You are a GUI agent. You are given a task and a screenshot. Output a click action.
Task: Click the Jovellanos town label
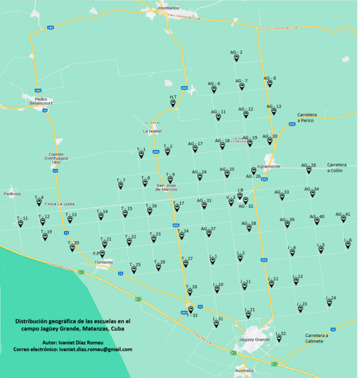click(x=164, y=7)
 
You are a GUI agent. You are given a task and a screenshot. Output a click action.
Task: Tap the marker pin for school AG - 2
click(x=236, y=58)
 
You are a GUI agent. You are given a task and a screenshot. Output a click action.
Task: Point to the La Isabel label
click(x=152, y=131)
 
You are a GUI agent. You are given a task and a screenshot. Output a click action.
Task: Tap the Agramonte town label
click(x=268, y=166)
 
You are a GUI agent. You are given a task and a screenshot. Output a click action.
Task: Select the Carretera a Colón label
click(x=335, y=168)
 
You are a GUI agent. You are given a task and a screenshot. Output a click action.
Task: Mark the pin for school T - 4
click(x=39, y=203)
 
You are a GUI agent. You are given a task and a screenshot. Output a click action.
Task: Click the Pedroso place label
click(x=12, y=194)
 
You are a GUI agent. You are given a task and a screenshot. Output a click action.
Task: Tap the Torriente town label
click(x=104, y=262)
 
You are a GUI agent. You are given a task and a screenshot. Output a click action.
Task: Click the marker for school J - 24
click(x=329, y=304)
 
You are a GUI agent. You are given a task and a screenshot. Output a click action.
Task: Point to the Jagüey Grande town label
click(x=255, y=340)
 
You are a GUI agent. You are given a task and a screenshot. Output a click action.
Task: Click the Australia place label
click(x=244, y=370)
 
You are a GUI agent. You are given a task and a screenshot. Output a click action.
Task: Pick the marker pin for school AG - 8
click(x=269, y=84)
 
